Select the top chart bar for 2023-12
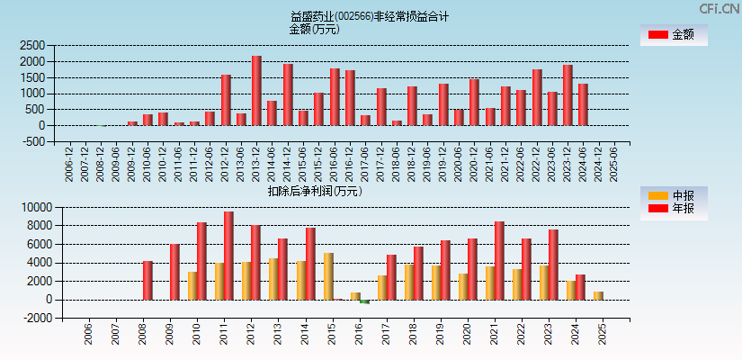pyautogui.click(x=568, y=95)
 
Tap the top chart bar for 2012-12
pyautogui.click(x=226, y=100)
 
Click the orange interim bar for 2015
pyautogui.click(x=328, y=276)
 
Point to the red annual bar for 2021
pyautogui.click(x=499, y=261)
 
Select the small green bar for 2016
pyautogui.click(x=364, y=301)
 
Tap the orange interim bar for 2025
pyautogui.click(x=598, y=295)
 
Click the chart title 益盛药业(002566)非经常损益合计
pyautogui.click(x=370, y=16)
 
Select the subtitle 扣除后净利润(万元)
pyautogui.click(x=314, y=191)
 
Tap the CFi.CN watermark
pyautogui.click(x=719, y=8)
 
